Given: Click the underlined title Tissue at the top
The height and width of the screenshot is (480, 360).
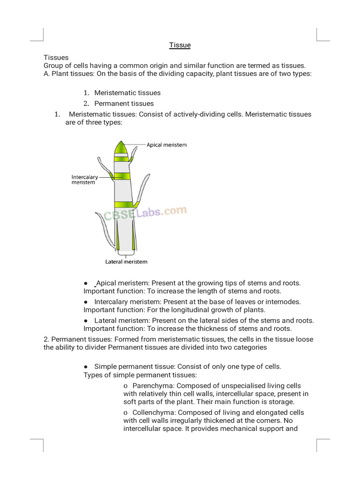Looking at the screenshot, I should [x=180, y=45].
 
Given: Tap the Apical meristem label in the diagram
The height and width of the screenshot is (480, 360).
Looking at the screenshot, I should [x=166, y=145].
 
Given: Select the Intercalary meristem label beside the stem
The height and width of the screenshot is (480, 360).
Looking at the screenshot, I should [x=85, y=180].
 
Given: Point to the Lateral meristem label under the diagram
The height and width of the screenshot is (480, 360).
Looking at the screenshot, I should [x=126, y=262].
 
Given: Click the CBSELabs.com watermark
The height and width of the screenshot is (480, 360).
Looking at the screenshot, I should [x=145, y=214].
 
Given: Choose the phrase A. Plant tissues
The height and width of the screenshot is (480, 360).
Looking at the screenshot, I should [x=69, y=74].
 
